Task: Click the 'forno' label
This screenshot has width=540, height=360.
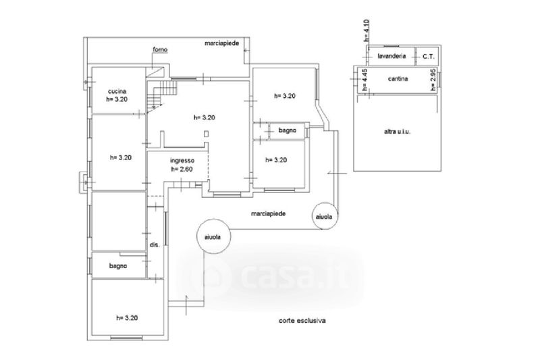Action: click(x=160, y=49)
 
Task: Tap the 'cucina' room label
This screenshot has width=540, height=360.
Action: click(x=117, y=91)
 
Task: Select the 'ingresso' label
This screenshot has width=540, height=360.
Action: click(x=182, y=161)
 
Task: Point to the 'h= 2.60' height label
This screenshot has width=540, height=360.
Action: click(x=182, y=169)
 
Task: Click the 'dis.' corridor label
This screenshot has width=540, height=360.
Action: click(x=155, y=245)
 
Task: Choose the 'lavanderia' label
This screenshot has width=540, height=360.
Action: click(x=391, y=56)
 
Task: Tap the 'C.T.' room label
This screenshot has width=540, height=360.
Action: click(x=429, y=57)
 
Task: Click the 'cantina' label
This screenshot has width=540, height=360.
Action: click(x=398, y=79)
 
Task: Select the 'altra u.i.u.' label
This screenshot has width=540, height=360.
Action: click(x=397, y=131)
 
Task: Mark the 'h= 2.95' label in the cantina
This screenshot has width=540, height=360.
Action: click(x=433, y=80)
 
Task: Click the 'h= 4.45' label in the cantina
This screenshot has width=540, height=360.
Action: click(x=364, y=80)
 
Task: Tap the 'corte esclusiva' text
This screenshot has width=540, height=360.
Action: click(x=302, y=321)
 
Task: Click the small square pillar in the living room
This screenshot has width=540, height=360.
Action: click(x=206, y=133)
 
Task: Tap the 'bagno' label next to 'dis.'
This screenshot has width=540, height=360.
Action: click(x=118, y=266)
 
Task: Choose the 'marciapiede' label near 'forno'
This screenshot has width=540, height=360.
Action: click(x=222, y=43)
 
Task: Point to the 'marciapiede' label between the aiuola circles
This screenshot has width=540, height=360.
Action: click(x=268, y=213)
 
